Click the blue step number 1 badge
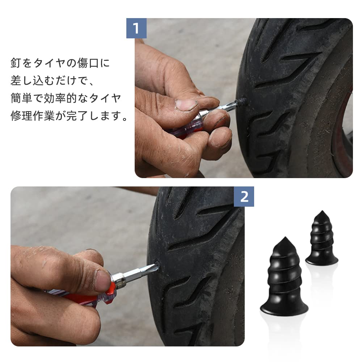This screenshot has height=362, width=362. (136, 28)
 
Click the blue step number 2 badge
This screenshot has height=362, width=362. (244, 197)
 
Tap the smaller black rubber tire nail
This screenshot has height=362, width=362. (321, 238)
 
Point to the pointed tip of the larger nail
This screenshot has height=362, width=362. (285, 237)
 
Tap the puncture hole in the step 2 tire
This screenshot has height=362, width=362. (157, 264)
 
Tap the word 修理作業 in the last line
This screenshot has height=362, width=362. (32, 116)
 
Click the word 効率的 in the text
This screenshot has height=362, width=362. (60, 98)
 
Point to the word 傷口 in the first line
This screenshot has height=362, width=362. (88, 63)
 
